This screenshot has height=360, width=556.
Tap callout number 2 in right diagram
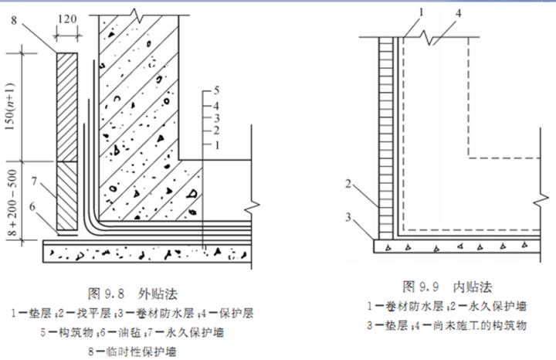(349, 183)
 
